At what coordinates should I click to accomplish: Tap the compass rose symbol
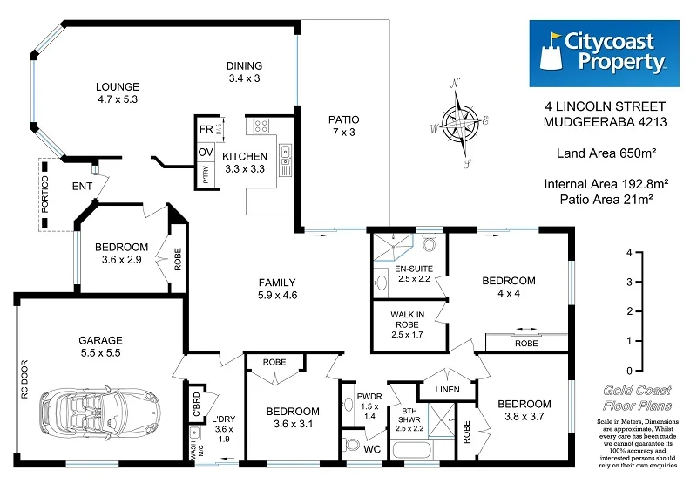[x=459, y=124]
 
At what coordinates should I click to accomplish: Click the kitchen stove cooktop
[x=261, y=127]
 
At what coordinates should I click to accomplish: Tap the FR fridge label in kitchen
[x=206, y=129]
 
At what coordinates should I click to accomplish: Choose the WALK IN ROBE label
[x=408, y=323]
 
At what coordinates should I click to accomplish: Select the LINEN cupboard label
[x=443, y=389]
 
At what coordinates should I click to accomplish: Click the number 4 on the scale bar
[x=627, y=251]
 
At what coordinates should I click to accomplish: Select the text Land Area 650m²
[x=606, y=153]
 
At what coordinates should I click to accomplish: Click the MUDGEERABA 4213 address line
[x=606, y=122]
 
